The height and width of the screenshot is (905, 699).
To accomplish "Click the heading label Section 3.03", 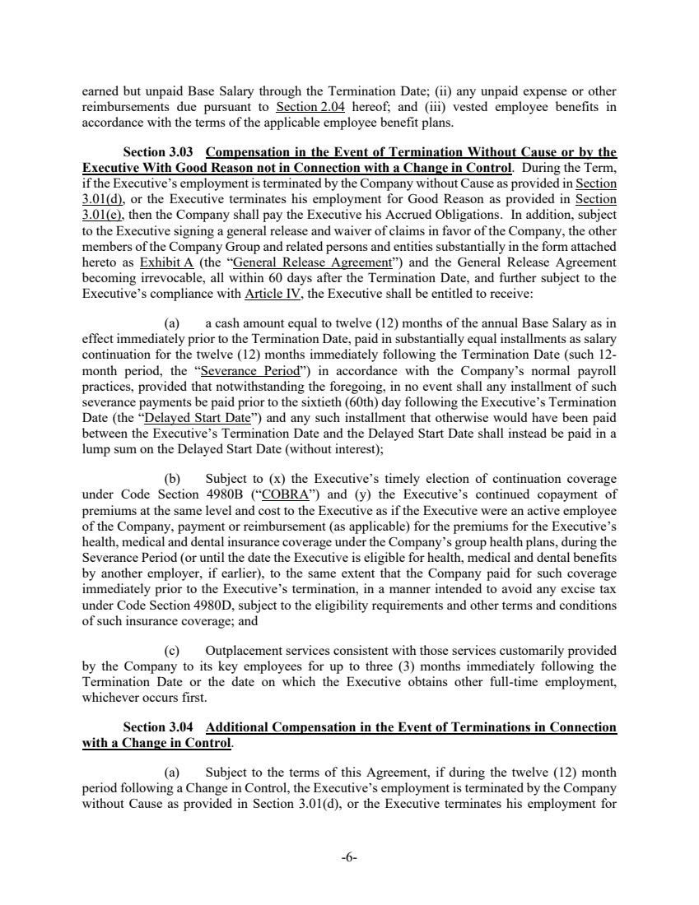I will click(x=157, y=152).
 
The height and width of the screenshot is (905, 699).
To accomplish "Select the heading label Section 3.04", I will click(x=157, y=727).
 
